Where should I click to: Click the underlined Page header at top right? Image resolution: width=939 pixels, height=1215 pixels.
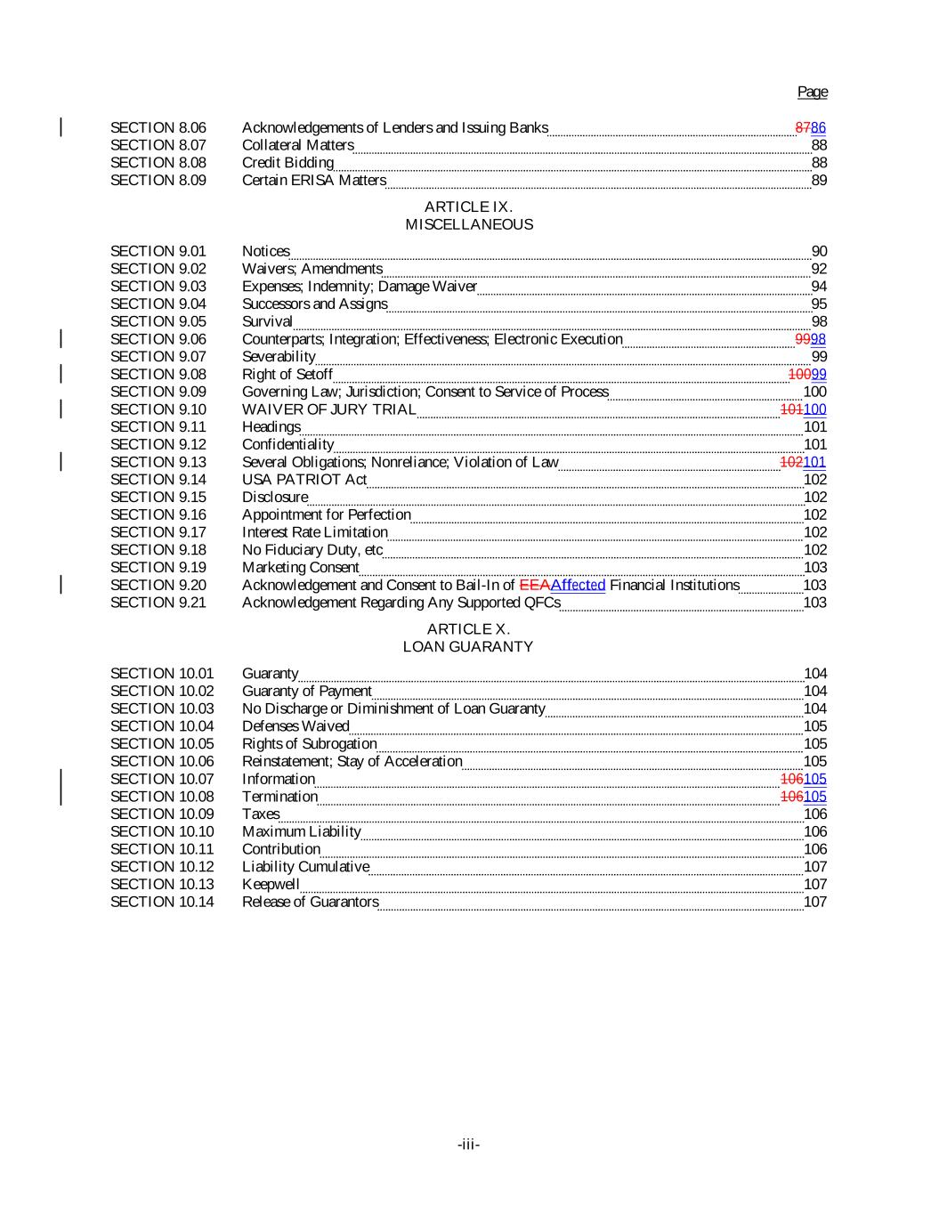click(812, 92)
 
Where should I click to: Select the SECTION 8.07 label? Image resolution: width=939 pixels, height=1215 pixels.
click(158, 145)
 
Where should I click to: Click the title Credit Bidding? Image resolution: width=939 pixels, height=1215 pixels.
click(287, 163)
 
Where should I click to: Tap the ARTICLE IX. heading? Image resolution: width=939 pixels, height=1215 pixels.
click(468, 207)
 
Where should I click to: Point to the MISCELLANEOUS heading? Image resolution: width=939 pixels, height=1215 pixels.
click(468, 224)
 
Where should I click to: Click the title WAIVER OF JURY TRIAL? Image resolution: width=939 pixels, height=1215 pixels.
click(328, 409)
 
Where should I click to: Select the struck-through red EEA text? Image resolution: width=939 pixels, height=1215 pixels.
click(534, 585)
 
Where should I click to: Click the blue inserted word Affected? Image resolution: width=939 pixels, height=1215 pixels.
click(578, 585)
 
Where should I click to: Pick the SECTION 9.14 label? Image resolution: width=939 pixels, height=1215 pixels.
click(158, 480)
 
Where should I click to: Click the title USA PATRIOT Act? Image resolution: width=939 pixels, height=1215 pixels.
click(304, 480)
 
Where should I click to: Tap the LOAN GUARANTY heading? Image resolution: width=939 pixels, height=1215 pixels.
click(468, 647)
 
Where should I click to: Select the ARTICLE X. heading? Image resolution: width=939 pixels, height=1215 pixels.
click(468, 629)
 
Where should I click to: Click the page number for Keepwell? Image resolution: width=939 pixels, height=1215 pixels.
click(815, 885)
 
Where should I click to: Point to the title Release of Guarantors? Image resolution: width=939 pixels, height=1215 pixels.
click(310, 902)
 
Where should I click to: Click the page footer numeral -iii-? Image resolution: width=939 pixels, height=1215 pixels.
click(468, 1145)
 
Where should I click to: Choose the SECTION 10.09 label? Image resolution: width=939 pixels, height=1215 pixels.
click(162, 814)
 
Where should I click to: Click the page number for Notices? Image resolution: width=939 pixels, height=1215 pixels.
click(819, 251)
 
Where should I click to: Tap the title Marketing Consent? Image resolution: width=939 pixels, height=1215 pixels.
click(300, 568)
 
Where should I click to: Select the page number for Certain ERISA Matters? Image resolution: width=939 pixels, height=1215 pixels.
click(819, 181)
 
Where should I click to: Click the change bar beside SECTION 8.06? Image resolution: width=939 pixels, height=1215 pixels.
click(61, 127)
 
